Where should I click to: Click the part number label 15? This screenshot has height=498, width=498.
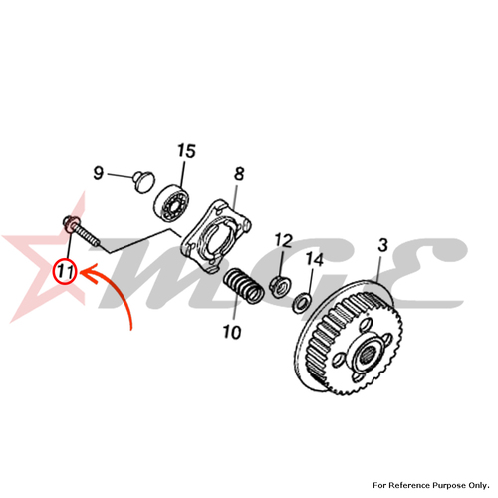point(186,151)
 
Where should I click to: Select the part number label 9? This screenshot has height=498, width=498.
point(98,173)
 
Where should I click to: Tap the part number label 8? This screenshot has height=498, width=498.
point(239,174)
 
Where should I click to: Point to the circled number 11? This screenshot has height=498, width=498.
point(66,272)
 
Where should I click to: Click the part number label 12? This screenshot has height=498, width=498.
point(283,240)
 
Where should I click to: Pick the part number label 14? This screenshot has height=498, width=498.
point(314,259)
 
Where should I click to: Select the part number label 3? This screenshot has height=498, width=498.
point(382,245)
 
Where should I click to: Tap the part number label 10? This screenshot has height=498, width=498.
point(232,332)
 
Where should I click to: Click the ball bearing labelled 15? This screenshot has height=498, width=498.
point(171,200)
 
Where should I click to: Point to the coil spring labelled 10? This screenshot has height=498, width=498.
point(244,285)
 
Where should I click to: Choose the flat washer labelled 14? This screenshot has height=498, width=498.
point(302,302)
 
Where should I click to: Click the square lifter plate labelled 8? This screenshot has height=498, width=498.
point(216,236)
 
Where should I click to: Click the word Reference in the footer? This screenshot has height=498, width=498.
point(406,485)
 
